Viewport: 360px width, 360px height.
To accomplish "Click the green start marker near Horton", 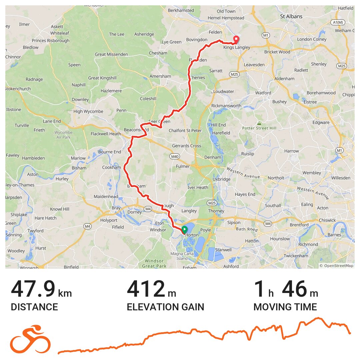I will pyautogui.click(x=184, y=229).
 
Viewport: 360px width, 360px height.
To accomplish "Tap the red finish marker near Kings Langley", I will pyautogui.click(x=236, y=39).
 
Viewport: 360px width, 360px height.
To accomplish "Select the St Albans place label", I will pyautogui.click(x=291, y=16).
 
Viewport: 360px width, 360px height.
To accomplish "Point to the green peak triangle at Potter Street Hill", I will pyautogui.click(x=259, y=123).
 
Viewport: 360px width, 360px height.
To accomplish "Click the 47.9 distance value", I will pyautogui.click(x=33, y=289).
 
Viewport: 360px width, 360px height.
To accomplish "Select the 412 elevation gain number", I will pyautogui.click(x=146, y=289).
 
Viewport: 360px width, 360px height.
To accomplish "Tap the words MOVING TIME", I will pyautogui.click(x=285, y=307).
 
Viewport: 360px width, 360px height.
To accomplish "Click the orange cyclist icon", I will pyautogui.click(x=30, y=339).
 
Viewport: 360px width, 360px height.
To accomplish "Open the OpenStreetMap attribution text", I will pyautogui.click(x=337, y=266).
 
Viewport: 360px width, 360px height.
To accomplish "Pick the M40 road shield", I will pyautogui.click(x=174, y=156).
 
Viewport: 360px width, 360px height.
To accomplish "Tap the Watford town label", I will pyautogui.click(x=263, y=93).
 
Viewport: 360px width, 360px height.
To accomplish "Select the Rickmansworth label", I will pyautogui.click(x=226, y=106).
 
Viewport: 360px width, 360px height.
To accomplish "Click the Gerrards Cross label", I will pyautogui.click(x=186, y=146).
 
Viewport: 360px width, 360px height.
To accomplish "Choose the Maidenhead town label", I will pyautogui.click(x=106, y=197).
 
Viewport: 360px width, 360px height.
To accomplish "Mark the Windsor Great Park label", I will pyautogui.click(x=154, y=263).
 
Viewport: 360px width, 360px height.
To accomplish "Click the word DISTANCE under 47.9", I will pyautogui.click(x=34, y=307).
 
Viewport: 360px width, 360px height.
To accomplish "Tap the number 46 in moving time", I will pyautogui.click(x=294, y=289).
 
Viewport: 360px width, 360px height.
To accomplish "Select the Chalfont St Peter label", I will pyautogui.click(x=185, y=130).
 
